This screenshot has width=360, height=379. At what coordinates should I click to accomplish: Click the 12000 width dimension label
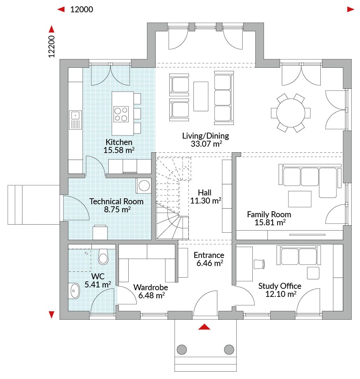click(82, 9)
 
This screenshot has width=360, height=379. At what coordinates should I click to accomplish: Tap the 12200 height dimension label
click(52, 46)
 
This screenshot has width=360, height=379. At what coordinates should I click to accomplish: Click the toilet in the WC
click(103, 257)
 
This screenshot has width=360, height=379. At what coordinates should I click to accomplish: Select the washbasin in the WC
click(75, 291)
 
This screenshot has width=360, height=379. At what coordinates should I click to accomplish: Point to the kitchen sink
click(75, 120)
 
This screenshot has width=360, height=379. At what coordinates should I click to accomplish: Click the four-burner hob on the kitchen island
click(121, 114)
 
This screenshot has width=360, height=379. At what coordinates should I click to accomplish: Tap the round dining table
click(291, 113)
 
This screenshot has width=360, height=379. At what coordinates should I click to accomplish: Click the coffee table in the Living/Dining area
click(201, 96)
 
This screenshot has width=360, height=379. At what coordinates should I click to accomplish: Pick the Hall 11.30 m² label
click(205, 197)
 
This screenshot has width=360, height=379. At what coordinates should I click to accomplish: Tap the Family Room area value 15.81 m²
click(270, 222)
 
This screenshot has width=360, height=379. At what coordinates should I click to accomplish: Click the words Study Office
click(280, 286)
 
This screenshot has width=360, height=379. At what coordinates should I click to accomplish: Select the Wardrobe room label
click(151, 287)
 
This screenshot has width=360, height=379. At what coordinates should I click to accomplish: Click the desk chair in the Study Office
click(259, 264)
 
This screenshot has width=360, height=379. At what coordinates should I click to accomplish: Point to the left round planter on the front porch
click(182, 350)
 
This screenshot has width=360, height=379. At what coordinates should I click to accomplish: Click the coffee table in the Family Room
click(300, 199)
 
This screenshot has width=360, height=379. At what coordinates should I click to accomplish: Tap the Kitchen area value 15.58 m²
click(119, 150)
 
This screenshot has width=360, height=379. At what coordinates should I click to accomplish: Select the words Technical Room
click(116, 201)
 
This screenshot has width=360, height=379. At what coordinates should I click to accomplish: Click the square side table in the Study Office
click(313, 273)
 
